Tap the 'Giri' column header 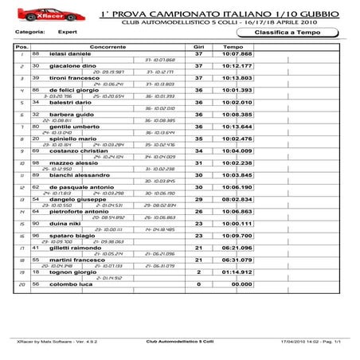[199, 46]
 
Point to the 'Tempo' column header [233, 46]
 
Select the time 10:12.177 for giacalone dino [237, 65]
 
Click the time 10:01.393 [237, 90]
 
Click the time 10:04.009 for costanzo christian [237, 151]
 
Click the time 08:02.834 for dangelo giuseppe [237, 199]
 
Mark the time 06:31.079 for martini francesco [237, 260]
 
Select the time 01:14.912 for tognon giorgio [237, 272]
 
